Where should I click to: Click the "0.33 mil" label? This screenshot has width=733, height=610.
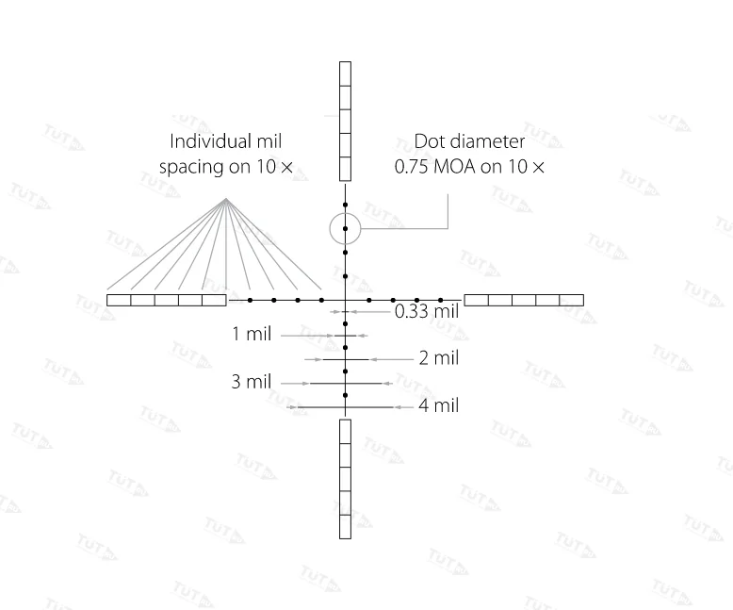(x=427, y=311)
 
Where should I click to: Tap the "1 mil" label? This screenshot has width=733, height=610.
(x=252, y=334)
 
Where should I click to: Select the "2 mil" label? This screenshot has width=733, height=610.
(x=438, y=358)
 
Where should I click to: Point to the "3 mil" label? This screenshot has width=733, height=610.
(x=252, y=382)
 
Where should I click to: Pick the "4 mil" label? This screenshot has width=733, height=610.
(x=438, y=405)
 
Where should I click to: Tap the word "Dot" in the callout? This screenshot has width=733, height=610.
(x=426, y=141)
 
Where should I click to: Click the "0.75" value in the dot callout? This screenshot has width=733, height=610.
(x=411, y=167)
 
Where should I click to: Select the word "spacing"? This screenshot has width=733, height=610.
(x=190, y=168)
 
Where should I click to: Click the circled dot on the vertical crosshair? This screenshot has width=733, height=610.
(x=345, y=229)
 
